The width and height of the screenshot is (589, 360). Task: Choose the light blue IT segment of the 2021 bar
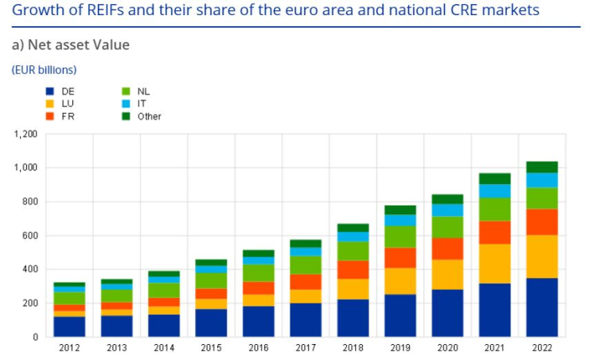(494, 190)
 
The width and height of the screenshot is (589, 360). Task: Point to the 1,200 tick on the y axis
(25, 134)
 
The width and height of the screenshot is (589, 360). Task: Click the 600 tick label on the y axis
(29, 236)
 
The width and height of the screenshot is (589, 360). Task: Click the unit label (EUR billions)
(44, 70)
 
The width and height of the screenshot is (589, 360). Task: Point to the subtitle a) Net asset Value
(70, 45)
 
